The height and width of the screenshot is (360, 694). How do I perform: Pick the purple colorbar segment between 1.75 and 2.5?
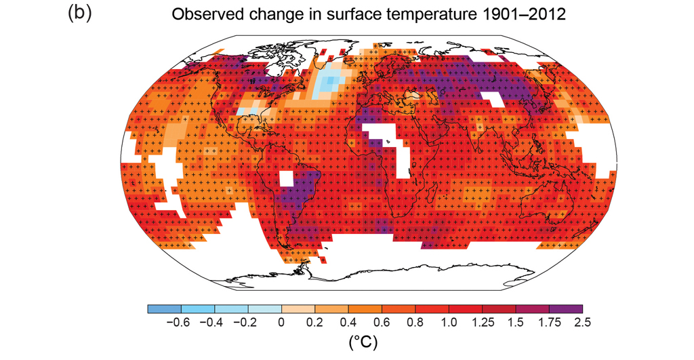(x=565, y=309)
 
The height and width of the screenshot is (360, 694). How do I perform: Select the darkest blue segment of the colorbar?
(x=163, y=309)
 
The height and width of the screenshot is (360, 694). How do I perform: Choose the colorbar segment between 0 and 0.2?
(x=298, y=309)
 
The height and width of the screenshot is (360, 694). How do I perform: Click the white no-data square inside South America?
(x=287, y=179)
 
